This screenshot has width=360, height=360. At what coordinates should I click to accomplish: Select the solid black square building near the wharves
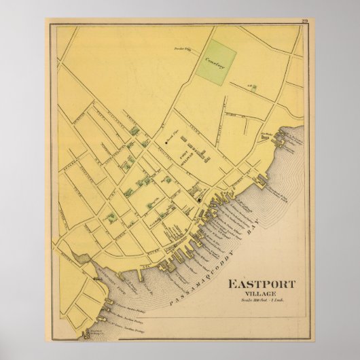click(198, 200)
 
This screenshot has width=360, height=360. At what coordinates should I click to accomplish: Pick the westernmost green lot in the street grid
click(109, 218)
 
